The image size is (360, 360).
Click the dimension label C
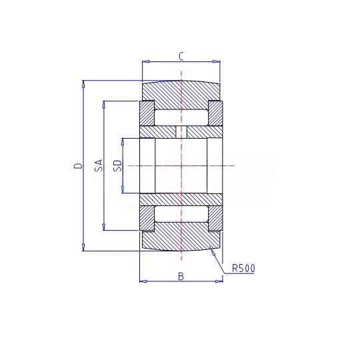(x=181, y=57)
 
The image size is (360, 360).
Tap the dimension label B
(x=181, y=276)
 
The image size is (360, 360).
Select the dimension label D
(x=78, y=165)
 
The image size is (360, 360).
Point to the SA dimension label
(x=99, y=165)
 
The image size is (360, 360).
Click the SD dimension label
(x=118, y=165)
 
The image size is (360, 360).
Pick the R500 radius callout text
(x=243, y=268)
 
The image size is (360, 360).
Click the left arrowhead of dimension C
(x=146, y=61)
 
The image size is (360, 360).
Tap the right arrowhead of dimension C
(x=216, y=61)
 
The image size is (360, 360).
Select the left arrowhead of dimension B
(x=143, y=281)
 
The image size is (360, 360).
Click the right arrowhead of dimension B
(x=219, y=281)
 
